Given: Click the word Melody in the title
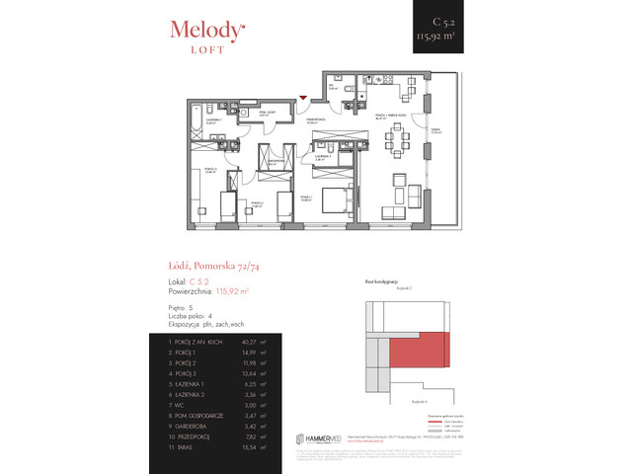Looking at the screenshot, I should (202, 31).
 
